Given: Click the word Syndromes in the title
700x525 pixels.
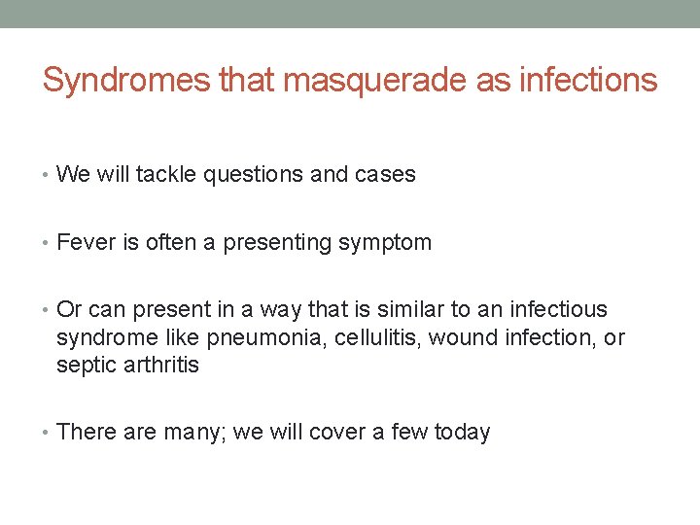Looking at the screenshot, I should click(126, 81).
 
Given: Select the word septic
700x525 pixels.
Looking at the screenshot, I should click(86, 366).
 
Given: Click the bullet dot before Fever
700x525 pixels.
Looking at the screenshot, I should click(47, 243).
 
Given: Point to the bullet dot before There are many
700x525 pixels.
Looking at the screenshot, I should click(47, 432).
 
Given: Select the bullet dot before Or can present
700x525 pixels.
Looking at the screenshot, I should click(47, 310).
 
